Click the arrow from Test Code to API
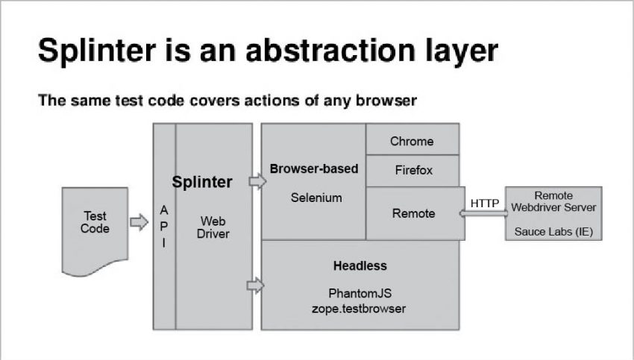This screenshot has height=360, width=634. (x=139, y=222)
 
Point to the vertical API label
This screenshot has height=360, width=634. (x=164, y=227)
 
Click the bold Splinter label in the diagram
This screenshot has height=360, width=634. (x=202, y=182)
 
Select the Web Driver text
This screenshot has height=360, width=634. (x=213, y=227)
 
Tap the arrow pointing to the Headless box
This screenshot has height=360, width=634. (x=256, y=284)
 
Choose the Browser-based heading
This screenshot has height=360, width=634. (x=313, y=168)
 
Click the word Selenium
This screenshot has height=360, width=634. (x=316, y=198)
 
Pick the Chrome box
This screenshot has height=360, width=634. (x=412, y=141)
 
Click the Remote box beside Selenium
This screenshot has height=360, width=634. (x=414, y=213)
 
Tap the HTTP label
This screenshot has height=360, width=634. (x=485, y=203)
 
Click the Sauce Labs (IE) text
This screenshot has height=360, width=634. (x=553, y=232)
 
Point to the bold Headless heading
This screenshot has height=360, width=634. (x=360, y=265)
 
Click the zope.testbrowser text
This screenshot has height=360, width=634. (x=360, y=308)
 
